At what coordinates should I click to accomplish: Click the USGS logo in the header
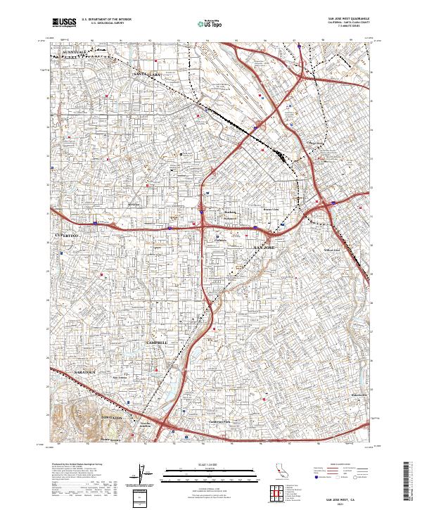pos(64,23)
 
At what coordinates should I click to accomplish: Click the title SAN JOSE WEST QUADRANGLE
pos(347,18)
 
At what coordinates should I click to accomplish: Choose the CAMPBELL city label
pos(156,342)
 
